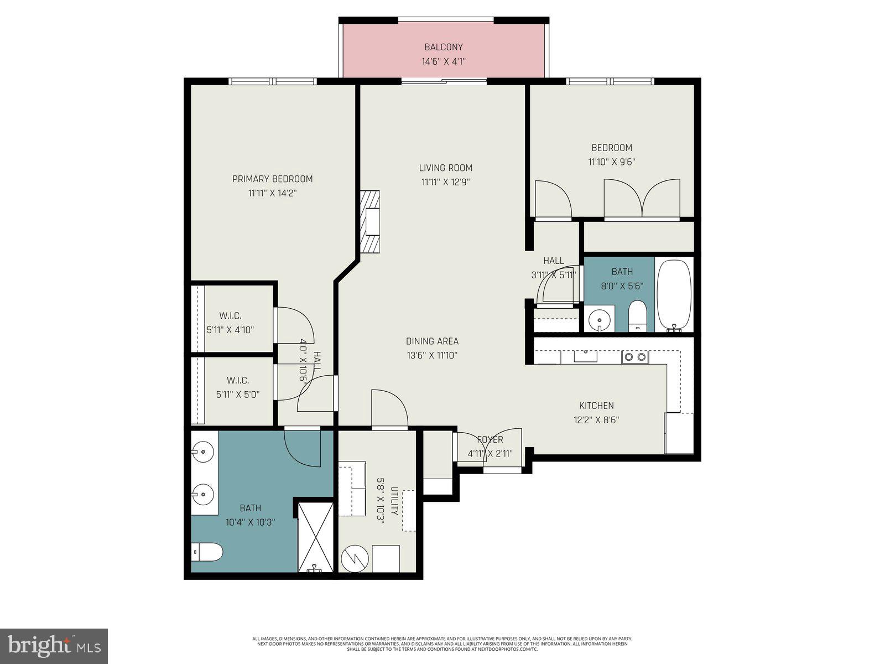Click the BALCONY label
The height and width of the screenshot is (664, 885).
coord(444,47)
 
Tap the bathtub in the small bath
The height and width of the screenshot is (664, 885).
coord(674,295)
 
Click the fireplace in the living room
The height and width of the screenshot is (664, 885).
coord(370,222)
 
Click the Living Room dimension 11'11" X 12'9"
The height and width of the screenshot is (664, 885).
coord(445,182)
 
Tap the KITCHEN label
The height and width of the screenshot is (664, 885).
coord(596,406)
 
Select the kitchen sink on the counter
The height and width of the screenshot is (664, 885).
coord(585,355)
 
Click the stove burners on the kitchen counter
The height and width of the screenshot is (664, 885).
coord(635,357)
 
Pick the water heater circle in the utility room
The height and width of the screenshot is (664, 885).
coord(353,559)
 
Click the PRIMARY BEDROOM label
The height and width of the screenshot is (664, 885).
coord(272,179)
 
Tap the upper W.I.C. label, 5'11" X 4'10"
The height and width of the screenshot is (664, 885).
coord(230,316)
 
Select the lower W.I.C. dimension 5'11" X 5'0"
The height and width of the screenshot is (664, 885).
coord(238,395)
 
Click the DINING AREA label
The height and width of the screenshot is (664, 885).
coord(432,341)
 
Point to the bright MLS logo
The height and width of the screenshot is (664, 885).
coord(54,645)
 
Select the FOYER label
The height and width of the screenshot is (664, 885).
coord(490,439)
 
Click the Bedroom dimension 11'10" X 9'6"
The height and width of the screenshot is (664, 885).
coord(611,162)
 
